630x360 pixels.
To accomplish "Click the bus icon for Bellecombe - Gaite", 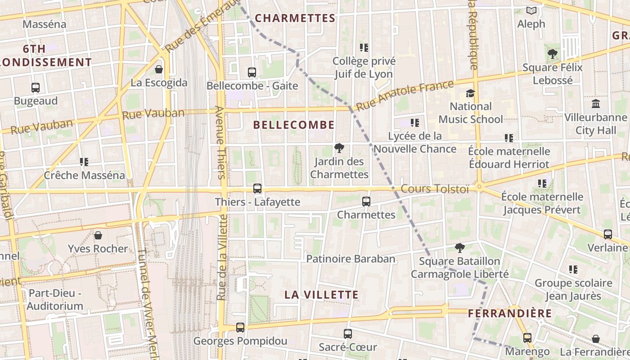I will click(252, 72).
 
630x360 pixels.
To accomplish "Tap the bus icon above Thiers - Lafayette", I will click(257, 189).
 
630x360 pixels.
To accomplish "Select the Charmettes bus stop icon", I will click(366, 201).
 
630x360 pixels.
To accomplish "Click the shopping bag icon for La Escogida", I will click(158, 69).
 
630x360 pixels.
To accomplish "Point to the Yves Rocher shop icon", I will click(98, 235).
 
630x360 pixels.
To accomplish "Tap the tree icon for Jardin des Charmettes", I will click(339, 148).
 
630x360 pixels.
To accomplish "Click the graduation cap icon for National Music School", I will click(470, 93).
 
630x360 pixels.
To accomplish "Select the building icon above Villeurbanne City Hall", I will click(596, 104).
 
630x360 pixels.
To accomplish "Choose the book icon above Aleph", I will click(531, 10).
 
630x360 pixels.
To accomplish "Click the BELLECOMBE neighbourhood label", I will click(294, 125).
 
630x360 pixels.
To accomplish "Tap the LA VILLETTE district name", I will click(321, 295).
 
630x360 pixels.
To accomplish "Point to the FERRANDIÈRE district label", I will click(509, 313).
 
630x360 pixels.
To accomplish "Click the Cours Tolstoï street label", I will click(434, 189).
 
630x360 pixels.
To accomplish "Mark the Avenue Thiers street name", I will click(220, 142).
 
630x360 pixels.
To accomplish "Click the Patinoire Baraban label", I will click(351, 259).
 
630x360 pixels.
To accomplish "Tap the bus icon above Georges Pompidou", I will click(240, 327).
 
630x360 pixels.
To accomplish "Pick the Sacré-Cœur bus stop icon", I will click(347, 333).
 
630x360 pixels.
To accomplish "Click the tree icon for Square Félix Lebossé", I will click(552, 54).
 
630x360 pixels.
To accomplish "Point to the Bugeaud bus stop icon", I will click(36, 87).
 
